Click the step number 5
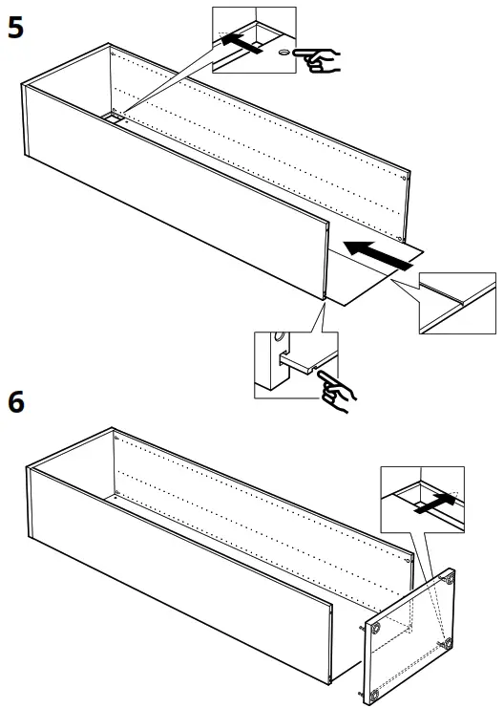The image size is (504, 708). pos(16,26)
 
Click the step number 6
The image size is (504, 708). pos(16,402)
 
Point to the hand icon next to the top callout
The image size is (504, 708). pos(319,59)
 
